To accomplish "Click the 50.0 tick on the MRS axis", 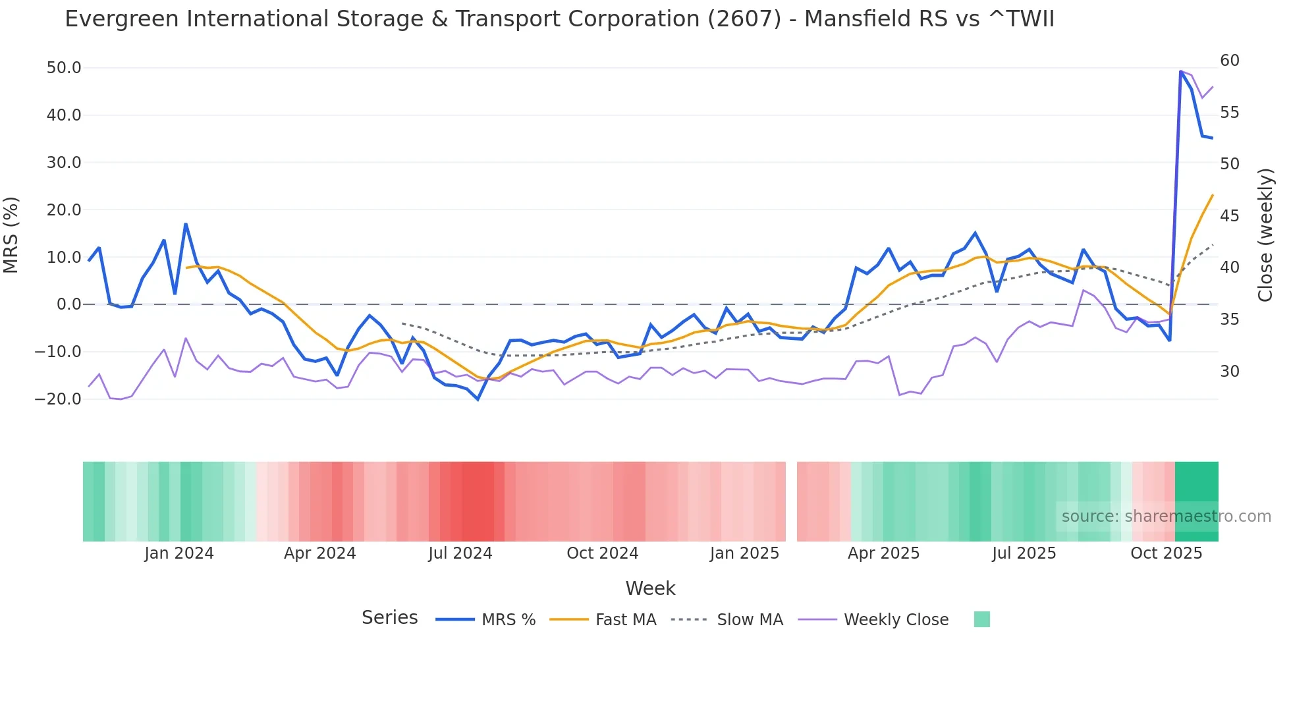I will coord(63,68).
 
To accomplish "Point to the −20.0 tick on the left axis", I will coord(58,399).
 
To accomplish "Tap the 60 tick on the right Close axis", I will coord(1229,61).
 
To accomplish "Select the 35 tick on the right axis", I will coord(1229,320).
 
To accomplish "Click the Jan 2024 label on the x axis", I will coord(179,553).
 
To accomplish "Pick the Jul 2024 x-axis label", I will coord(460,553).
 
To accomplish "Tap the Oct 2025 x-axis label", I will coord(1166,553).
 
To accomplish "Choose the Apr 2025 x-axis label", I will coord(883,553).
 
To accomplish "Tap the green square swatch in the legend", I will coord(981,619).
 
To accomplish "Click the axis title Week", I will coord(650,588).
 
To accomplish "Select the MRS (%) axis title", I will coord(11,235).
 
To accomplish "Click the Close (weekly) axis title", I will coord(1265,235).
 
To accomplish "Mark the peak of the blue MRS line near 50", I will coord(1180,71).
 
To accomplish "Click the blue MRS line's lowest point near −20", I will coord(478,399).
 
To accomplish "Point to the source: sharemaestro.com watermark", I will coord(1166,517).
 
